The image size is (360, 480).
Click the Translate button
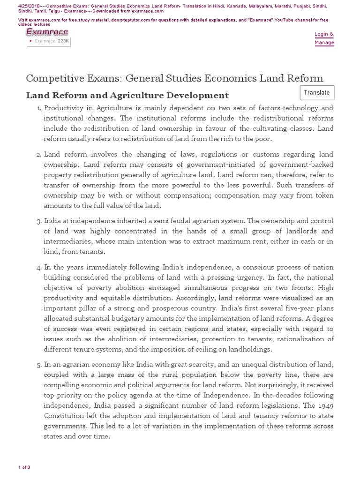click(316, 93)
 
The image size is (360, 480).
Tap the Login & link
click(324, 34)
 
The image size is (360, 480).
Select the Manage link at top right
click(324, 43)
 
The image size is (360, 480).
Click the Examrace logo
click(47, 32)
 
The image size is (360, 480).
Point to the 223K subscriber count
click(63, 41)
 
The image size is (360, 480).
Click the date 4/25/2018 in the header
click(28, 6)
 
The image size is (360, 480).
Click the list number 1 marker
click(38, 108)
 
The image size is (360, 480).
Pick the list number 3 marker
click(38, 221)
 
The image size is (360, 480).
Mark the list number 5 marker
click(38, 364)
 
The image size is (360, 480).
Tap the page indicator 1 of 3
click(24, 467)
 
